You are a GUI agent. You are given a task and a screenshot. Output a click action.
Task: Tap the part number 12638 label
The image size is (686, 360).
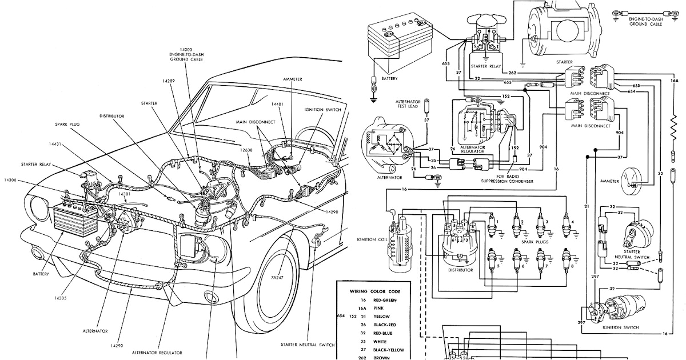[246, 149]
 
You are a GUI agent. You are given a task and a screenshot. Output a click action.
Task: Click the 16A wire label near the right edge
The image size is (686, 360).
[674, 81]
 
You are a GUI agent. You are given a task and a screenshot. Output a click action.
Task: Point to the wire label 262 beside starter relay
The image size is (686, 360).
[512, 73]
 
